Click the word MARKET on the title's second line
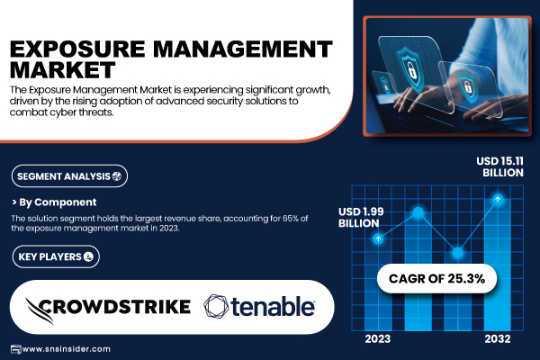[x=63, y=70]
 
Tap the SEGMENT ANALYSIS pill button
[x=69, y=176]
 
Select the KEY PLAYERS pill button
[x=56, y=256]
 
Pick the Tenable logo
[x=259, y=306]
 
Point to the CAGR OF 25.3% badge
[x=436, y=278]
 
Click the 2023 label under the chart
[x=378, y=339]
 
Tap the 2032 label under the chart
[x=498, y=339]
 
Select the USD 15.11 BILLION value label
[x=499, y=166]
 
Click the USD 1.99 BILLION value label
[x=361, y=218]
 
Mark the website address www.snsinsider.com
[x=66, y=349]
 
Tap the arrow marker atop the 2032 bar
[x=498, y=199]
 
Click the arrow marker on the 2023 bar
[x=378, y=238]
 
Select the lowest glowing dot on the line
[x=458, y=253]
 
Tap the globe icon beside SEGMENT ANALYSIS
[x=117, y=176]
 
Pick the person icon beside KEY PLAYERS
[x=88, y=256]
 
